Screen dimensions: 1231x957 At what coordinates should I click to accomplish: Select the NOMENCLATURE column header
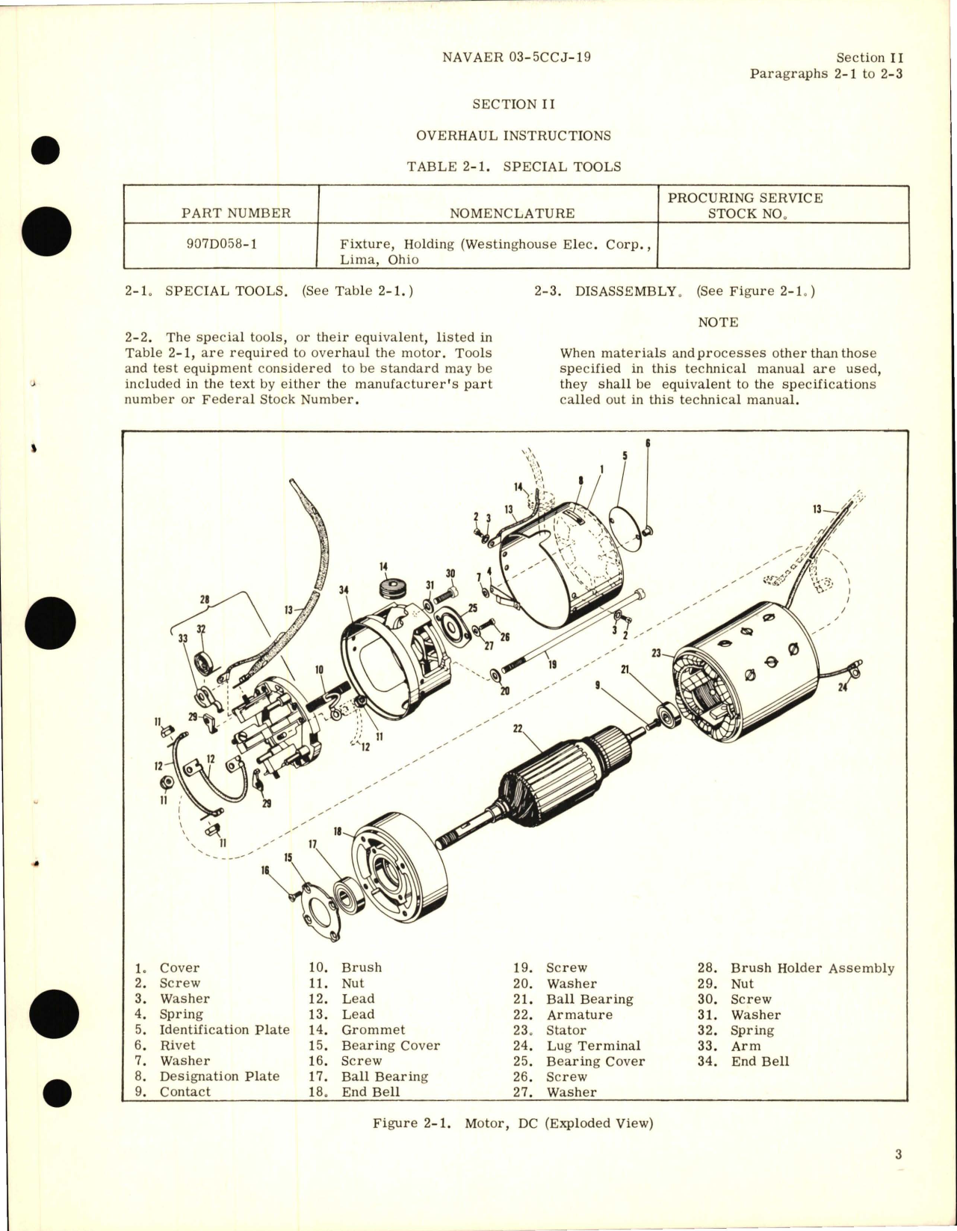[x=512, y=213]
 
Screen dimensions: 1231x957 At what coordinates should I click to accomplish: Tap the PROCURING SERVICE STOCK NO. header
[x=745, y=205]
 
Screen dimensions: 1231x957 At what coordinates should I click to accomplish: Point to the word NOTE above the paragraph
[x=717, y=322]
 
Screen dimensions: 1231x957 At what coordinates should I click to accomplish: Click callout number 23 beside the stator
[x=657, y=652]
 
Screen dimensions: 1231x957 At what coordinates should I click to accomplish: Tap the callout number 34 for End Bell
[x=344, y=590]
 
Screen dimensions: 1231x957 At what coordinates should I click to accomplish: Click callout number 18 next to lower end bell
[x=338, y=831]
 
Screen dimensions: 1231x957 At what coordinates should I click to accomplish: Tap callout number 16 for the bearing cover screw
[x=266, y=870]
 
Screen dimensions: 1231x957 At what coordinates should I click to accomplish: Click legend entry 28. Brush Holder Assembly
[x=796, y=968]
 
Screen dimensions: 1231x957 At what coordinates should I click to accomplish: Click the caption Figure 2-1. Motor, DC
[x=512, y=1123]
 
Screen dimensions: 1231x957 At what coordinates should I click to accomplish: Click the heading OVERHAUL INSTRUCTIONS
[x=513, y=135]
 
